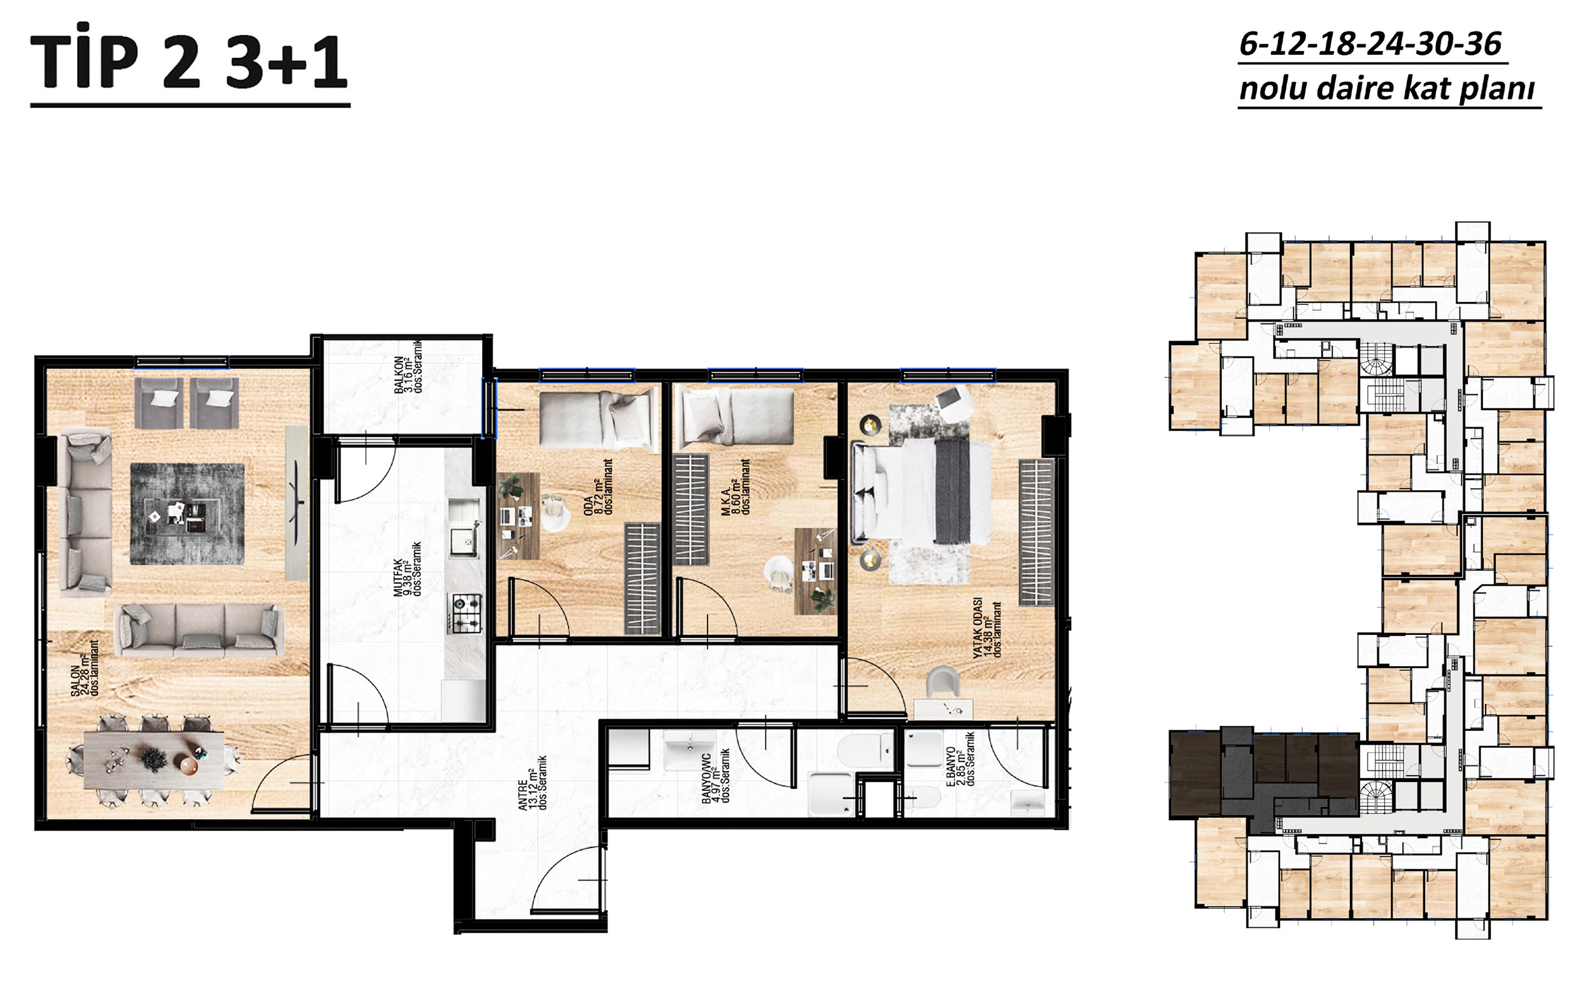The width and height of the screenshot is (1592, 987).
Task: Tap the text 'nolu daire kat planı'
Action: (1387, 88)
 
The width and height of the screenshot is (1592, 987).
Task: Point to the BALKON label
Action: (408, 367)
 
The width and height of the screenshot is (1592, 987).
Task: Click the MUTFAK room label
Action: (408, 569)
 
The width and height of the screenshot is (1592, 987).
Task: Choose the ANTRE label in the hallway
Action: (532, 783)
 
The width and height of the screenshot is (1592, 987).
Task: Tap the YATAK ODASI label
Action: (986, 627)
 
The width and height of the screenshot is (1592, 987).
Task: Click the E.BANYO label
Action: (960, 758)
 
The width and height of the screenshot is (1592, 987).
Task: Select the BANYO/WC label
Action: (715, 776)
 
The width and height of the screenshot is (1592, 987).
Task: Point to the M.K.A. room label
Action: (736, 487)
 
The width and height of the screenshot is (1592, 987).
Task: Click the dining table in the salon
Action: (154, 760)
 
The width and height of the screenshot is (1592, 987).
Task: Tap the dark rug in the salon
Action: (187, 514)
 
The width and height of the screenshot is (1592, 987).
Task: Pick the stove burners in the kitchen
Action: (466, 613)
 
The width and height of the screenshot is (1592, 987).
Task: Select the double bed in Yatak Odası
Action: (921, 492)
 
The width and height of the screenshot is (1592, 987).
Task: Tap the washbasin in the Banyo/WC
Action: (690, 751)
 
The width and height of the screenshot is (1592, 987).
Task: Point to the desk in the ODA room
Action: (518, 516)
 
